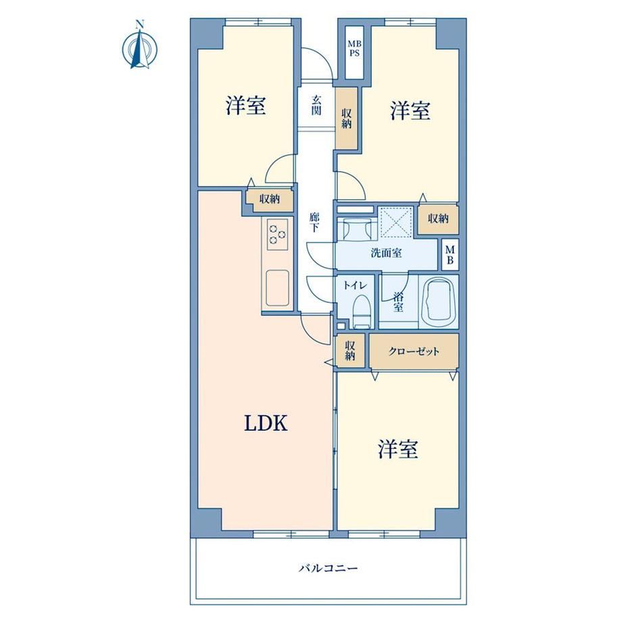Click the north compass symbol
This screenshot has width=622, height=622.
click(x=139, y=47)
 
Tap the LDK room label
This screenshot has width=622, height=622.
click(x=266, y=424)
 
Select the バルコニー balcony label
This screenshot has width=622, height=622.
click(x=328, y=569)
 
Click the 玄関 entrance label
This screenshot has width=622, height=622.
click(x=316, y=105)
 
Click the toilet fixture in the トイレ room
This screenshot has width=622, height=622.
click(x=361, y=312)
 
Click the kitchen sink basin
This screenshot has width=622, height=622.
click(x=277, y=288)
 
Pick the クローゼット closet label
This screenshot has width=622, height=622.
click(x=414, y=352)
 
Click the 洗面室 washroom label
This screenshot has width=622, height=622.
click(x=386, y=253)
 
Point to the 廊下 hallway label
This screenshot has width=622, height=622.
click(x=314, y=223)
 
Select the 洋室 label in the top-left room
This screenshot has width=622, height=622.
click(x=245, y=105)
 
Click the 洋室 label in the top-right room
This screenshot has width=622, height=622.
click(x=410, y=110)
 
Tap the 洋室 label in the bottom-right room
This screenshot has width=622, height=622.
click(x=398, y=449)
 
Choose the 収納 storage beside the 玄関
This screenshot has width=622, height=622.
click(x=347, y=118)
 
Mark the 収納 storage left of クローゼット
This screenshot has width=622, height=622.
click(x=350, y=351)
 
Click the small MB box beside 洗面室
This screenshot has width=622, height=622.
click(x=450, y=255)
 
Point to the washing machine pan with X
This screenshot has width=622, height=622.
click(x=397, y=222)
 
